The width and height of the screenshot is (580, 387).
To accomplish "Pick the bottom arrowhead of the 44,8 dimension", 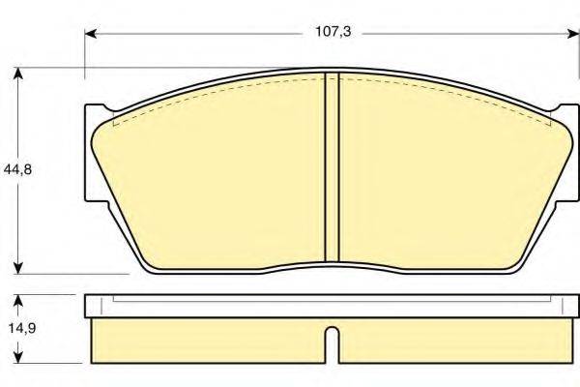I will pyautogui.click(x=17, y=268).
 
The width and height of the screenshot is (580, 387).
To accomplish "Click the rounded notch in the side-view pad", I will pyautogui.click(x=331, y=344).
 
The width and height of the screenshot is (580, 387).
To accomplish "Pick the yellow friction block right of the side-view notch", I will pyautogui.click(x=449, y=342).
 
